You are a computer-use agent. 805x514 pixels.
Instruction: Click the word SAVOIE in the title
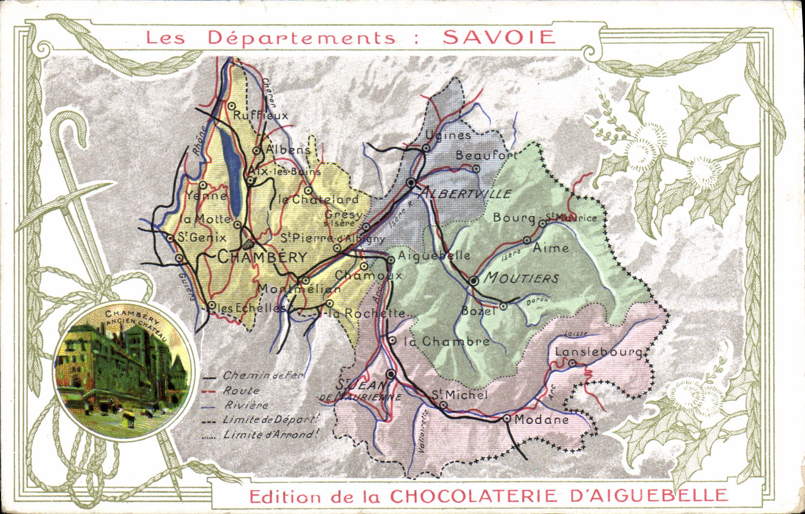(499, 37)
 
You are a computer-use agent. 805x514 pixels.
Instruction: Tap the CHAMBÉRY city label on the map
(262, 257)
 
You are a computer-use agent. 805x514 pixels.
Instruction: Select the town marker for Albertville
(411, 182)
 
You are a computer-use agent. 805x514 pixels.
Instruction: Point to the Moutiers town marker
(474, 281)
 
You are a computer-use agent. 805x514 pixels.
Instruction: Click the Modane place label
(541, 419)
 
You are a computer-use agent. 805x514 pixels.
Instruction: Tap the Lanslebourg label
(599, 352)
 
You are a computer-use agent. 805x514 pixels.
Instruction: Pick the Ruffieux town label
(260, 116)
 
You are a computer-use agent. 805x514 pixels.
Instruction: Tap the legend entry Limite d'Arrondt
(270, 435)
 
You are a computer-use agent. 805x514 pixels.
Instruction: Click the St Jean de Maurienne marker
(391, 374)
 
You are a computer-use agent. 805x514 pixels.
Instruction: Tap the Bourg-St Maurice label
(544, 217)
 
